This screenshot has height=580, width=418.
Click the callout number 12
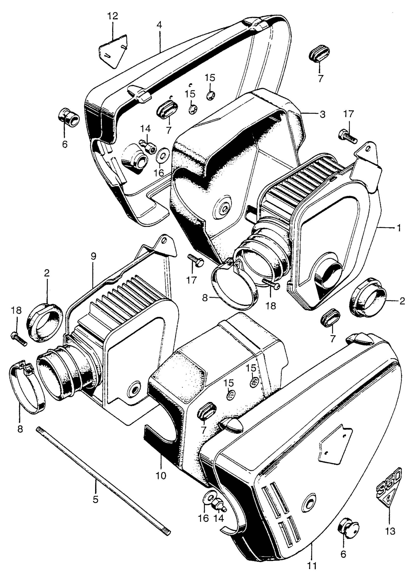113,16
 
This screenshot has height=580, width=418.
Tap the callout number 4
159,25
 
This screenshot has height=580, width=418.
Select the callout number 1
398,228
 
